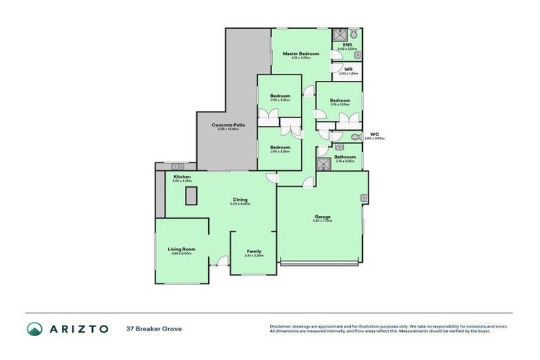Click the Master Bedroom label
(301, 53)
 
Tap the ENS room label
(347, 45)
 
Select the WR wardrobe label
(348, 69)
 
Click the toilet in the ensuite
(354, 34)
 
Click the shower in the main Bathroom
(323, 165)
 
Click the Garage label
(322, 217)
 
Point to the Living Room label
(181, 249)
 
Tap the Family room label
(253, 251)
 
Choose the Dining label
(240, 200)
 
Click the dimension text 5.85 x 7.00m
(322, 221)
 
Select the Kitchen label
(182, 176)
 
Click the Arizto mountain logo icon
(34, 328)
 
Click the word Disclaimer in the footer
(281, 326)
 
